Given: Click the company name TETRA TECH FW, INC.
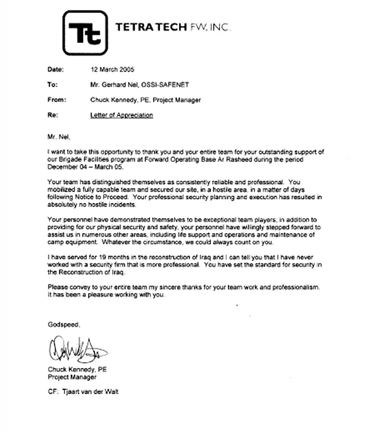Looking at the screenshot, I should [x=172, y=27].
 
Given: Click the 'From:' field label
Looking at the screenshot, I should [x=56, y=100].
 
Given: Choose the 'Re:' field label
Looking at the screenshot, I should [x=52, y=115].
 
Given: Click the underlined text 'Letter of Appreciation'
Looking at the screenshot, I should [x=122, y=115].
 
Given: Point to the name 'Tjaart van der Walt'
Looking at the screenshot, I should [x=92, y=392].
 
